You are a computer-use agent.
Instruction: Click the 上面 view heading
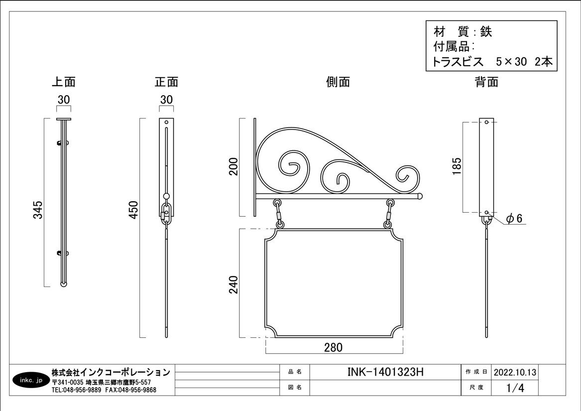click(x=63, y=82)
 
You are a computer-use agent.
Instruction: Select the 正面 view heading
click(x=166, y=82)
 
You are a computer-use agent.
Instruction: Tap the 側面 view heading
click(x=338, y=82)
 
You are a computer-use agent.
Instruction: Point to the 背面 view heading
click(x=486, y=82)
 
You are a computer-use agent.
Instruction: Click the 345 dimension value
click(x=38, y=210)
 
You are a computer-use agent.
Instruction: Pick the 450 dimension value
click(x=133, y=210)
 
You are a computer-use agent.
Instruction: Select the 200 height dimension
click(x=233, y=166)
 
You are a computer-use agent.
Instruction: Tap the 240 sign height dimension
click(x=233, y=284)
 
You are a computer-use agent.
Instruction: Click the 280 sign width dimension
click(x=334, y=348)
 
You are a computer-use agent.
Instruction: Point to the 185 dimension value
click(x=457, y=166)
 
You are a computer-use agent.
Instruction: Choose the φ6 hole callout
click(x=514, y=219)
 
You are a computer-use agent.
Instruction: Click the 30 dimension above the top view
click(x=64, y=100)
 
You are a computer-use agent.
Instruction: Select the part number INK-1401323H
click(x=385, y=372)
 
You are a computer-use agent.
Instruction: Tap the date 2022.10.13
click(x=515, y=372)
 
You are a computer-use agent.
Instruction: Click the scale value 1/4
click(x=515, y=388)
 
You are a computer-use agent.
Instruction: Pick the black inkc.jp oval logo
click(x=31, y=380)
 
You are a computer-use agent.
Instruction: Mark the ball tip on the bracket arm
click(x=420, y=196)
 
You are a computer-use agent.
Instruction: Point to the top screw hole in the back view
click(x=486, y=122)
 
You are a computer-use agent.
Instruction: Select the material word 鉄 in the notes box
click(x=486, y=32)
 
